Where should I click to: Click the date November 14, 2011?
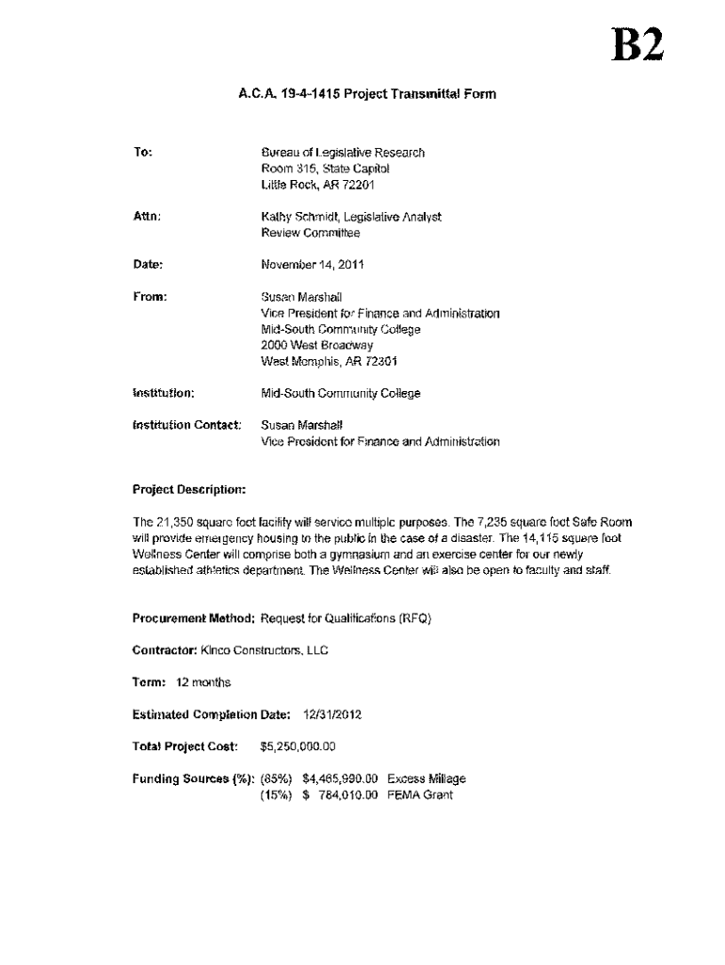point(312,265)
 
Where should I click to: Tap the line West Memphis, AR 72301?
point(319,361)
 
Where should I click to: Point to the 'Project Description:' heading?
point(189,490)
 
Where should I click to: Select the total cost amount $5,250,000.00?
point(298,746)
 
